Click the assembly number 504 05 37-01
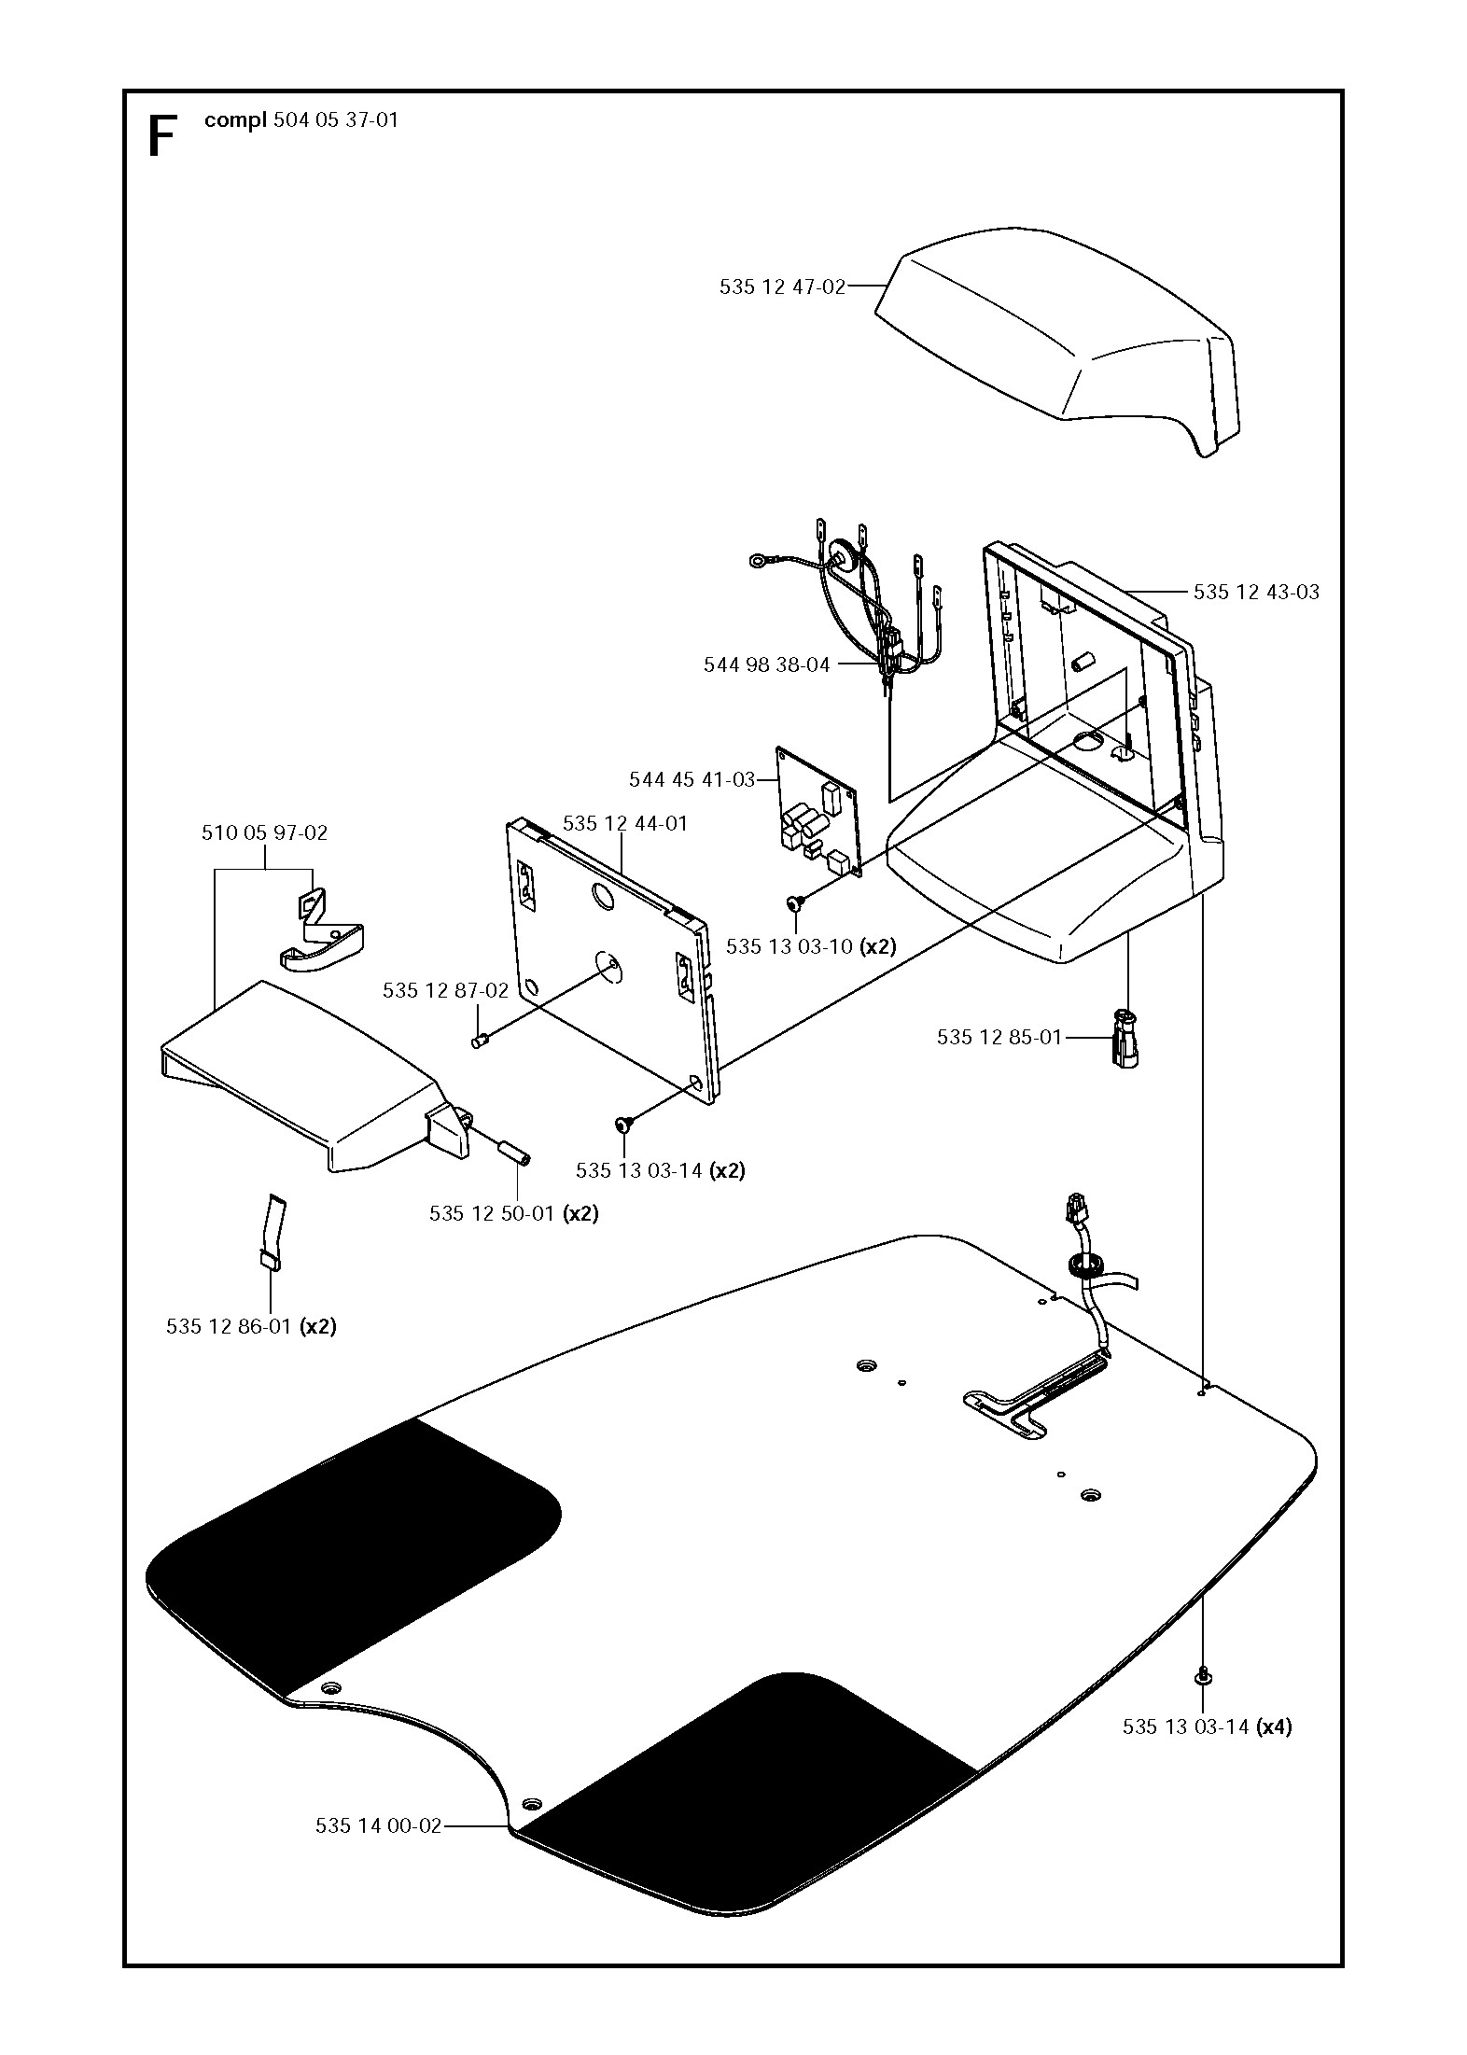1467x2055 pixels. (x=336, y=119)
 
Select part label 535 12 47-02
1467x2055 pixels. (x=782, y=287)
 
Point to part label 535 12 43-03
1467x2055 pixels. (x=1256, y=592)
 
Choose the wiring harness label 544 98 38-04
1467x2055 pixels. (x=766, y=665)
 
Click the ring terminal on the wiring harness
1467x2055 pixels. (x=757, y=562)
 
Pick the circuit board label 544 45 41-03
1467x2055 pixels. (x=692, y=779)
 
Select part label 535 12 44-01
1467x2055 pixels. (x=624, y=824)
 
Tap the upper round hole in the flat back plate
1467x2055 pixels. (x=603, y=896)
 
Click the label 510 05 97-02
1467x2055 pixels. (x=264, y=832)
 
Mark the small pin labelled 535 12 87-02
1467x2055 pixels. (x=482, y=1040)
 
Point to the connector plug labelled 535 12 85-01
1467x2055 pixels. (x=1126, y=1037)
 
